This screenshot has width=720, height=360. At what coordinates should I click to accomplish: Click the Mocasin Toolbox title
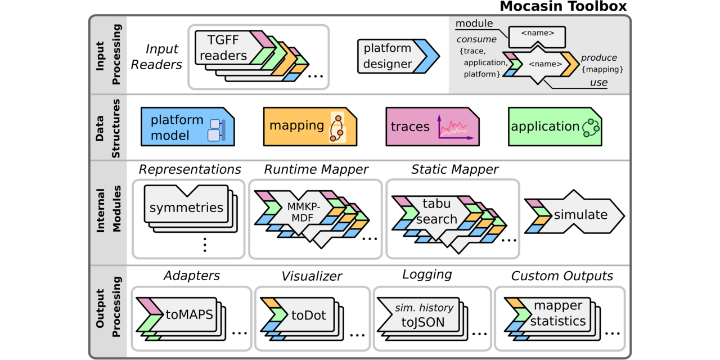[563, 7]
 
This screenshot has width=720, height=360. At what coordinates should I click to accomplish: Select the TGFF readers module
[223, 48]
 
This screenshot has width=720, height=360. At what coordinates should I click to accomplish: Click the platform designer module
[388, 56]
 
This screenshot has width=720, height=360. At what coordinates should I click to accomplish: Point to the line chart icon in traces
[454, 128]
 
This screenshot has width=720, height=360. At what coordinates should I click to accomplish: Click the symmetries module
[186, 208]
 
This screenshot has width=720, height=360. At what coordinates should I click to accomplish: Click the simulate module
[580, 215]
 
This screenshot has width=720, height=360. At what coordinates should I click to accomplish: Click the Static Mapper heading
[454, 169]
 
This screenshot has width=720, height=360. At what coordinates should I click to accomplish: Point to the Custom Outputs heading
[561, 276]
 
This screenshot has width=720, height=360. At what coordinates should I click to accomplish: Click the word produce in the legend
[598, 58]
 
